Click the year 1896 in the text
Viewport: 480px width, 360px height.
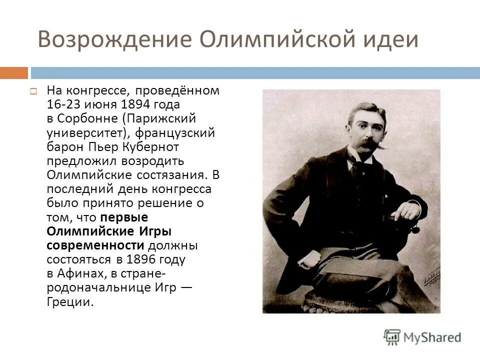coord(143,259)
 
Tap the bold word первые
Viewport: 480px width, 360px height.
coord(124,217)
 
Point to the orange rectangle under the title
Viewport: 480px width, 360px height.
coord(14,73)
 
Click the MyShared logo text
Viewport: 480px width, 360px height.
coord(432,337)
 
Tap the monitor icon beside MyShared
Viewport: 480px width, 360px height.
coord(392,337)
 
